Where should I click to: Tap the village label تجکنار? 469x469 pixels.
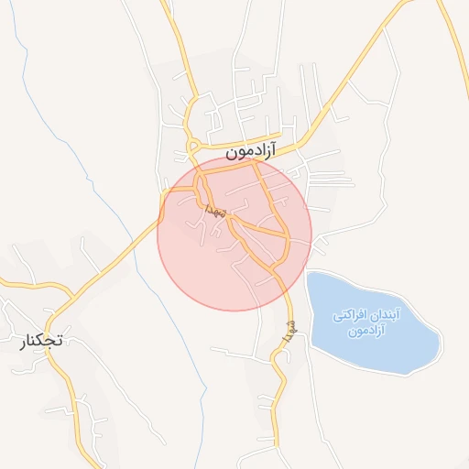41,341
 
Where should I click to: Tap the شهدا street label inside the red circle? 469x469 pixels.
216,212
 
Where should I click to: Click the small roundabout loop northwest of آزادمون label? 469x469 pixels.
193,144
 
